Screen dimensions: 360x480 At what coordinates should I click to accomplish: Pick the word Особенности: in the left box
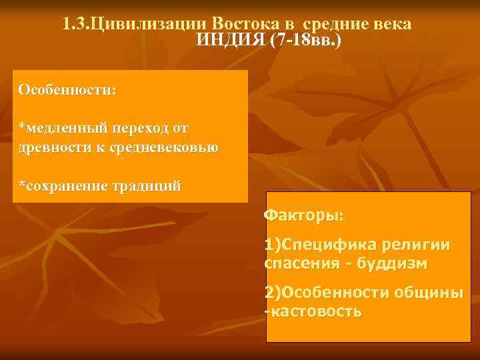coord(67,89)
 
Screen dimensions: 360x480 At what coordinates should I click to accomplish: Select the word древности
coord(49,146)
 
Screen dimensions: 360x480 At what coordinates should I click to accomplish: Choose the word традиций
coord(147,185)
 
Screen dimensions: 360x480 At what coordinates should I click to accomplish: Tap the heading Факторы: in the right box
coord(304,215)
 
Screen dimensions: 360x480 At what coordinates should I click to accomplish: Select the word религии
coord(417,245)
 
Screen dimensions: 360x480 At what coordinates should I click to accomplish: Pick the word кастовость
coord(316,311)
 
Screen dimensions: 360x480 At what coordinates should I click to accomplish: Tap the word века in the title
coord(393,25)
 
